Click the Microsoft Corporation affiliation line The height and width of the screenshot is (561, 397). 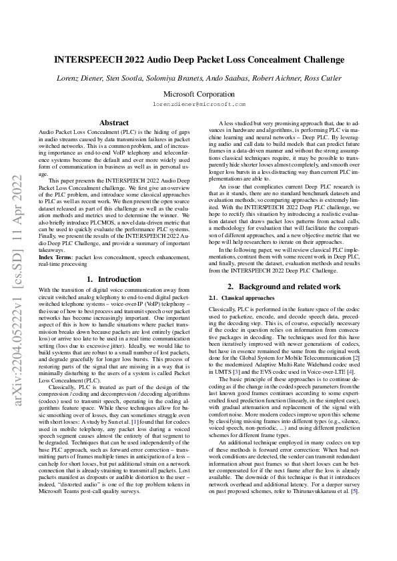tap(199, 94)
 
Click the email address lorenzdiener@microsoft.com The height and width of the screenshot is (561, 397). tap(199, 105)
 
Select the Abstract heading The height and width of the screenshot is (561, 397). tap(114, 123)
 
